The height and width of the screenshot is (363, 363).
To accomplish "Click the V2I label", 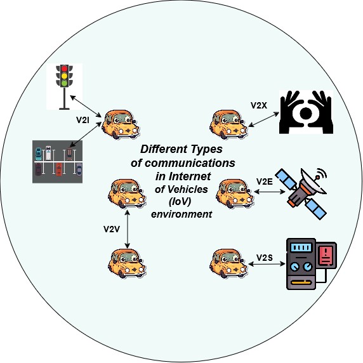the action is pyautogui.click(x=82, y=120).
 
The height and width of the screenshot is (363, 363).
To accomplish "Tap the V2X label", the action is pyautogui.click(x=259, y=105).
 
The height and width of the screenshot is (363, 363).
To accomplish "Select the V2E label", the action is pyautogui.click(x=265, y=181).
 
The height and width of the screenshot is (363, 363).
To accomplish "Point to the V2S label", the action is pyautogui.click(x=265, y=258).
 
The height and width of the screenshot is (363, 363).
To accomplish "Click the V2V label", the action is pyautogui.click(x=112, y=229).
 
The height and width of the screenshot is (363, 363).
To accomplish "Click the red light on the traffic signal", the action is pyautogui.click(x=64, y=69).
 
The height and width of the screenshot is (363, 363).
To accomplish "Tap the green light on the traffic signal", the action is pyautogui.click(x=64, y=83).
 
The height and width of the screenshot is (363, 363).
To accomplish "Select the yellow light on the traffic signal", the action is pyautogui.click(x=64, y=76).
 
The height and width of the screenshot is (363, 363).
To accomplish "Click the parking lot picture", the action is pyautogui.click(x=57, y=162).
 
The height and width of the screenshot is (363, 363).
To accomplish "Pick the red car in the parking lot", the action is pyautogui.click(x=59, y=169).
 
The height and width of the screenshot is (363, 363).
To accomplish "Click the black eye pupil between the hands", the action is pyautogui.click(x=306, y=113).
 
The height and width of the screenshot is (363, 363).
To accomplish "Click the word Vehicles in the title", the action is pyautogui.click(x=181, y=189).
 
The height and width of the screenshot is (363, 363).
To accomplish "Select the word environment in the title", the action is pyautogui.click(x=181, y=214).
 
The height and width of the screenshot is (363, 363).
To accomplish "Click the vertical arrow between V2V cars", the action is pyautogui.click(x=127, y=229).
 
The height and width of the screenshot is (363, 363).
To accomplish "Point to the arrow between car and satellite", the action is pyautogui.click(x=270, y=192).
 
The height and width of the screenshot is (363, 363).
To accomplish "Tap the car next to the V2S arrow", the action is pyautogui.click(x=228, y=263).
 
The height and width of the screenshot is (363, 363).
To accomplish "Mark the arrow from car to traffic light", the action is pyautogui.click(x=86, y=106).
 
